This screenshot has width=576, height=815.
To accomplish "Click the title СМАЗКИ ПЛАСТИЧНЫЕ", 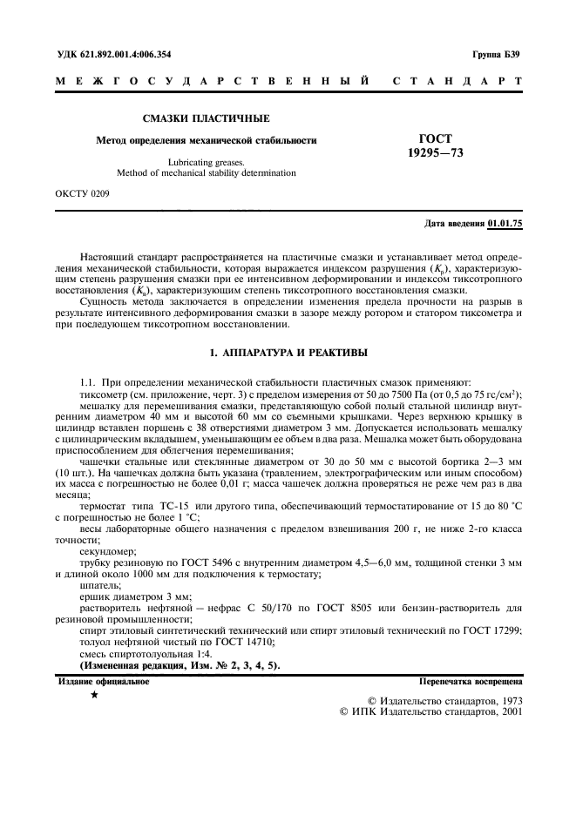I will coord(206,118).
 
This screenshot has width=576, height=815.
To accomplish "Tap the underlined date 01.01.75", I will coord(505,224).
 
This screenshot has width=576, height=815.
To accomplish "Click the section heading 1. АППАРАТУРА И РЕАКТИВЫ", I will coord(288,353).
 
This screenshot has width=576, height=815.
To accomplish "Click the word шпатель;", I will coord(101,586).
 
